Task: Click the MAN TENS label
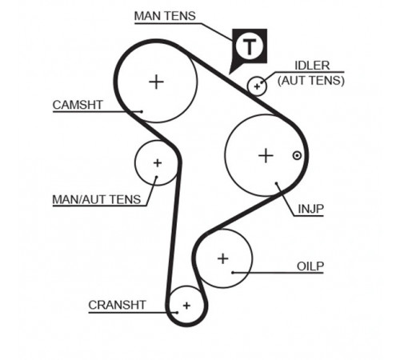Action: (x=165, y=16)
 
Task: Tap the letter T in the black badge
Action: (x=250, y=46)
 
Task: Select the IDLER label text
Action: (x=312, y=66)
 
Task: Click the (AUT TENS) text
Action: (x=311, y=80)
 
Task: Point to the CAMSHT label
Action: (x=78, y=105)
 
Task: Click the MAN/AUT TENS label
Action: (x=97, y=199)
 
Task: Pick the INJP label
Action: (x=310, y=209)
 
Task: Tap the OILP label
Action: (x=310, y=266)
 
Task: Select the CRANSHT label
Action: (x=117, y=305)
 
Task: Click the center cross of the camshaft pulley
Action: (x=156, y=82)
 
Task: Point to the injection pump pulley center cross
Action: (x=266, y=155)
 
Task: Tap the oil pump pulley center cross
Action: (x=223, y=258)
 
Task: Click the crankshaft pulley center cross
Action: (x=186, y=306)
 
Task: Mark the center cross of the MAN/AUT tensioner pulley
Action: (x=158, y=162)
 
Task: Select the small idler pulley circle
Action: (x=257, y=78)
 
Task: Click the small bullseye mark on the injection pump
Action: (x=297, y=155)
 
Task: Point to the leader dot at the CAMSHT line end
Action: (x=142, y=111)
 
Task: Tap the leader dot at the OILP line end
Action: (x=233, y=273)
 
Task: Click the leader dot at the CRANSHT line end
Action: (x=177, y=312)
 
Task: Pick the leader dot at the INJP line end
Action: (x=277, y=183)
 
